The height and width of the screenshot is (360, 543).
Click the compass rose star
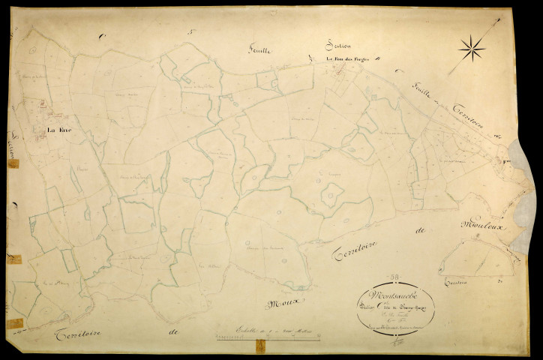pos(472,49)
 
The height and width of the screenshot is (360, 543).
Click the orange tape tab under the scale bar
pos(260,346)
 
